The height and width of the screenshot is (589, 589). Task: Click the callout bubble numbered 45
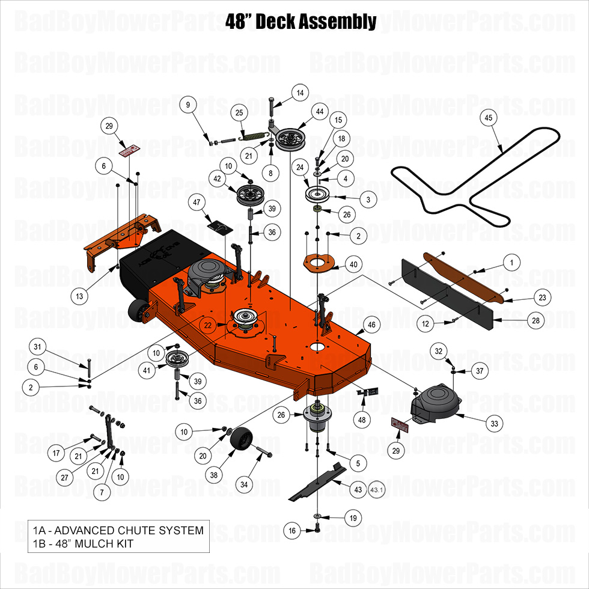point(489,119)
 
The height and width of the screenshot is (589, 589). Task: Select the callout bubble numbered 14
point(300,93)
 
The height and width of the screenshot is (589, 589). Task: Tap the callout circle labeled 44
point(319,112)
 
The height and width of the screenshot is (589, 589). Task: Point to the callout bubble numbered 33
point(494,424)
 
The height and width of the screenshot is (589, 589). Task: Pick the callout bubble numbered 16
point(292,531)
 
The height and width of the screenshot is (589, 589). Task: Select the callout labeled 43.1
point(377,490)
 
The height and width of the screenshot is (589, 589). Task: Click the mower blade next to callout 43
point(317,480)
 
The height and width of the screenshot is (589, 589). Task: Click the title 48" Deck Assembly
point(301,22)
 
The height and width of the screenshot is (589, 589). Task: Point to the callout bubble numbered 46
point(371,325)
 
